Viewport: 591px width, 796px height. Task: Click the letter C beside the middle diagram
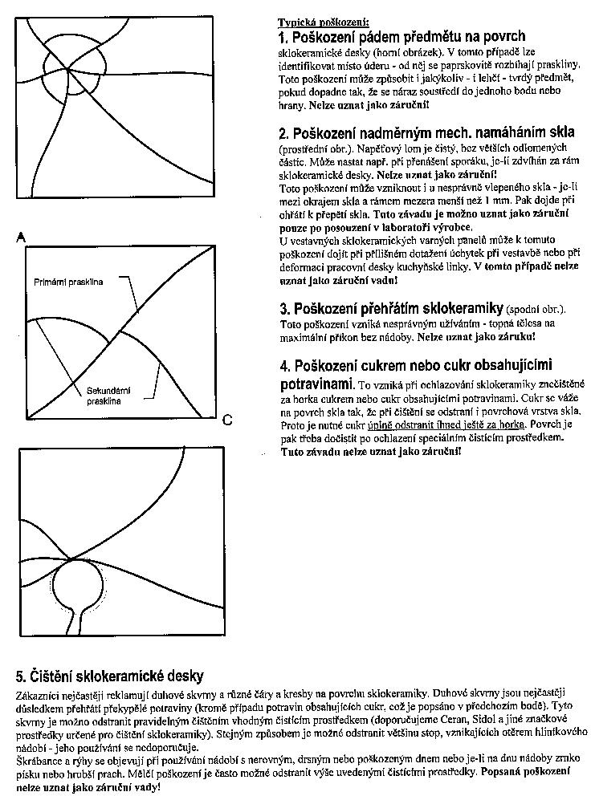tap(227, 420)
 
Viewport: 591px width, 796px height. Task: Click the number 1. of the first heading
tap(283, 37)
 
